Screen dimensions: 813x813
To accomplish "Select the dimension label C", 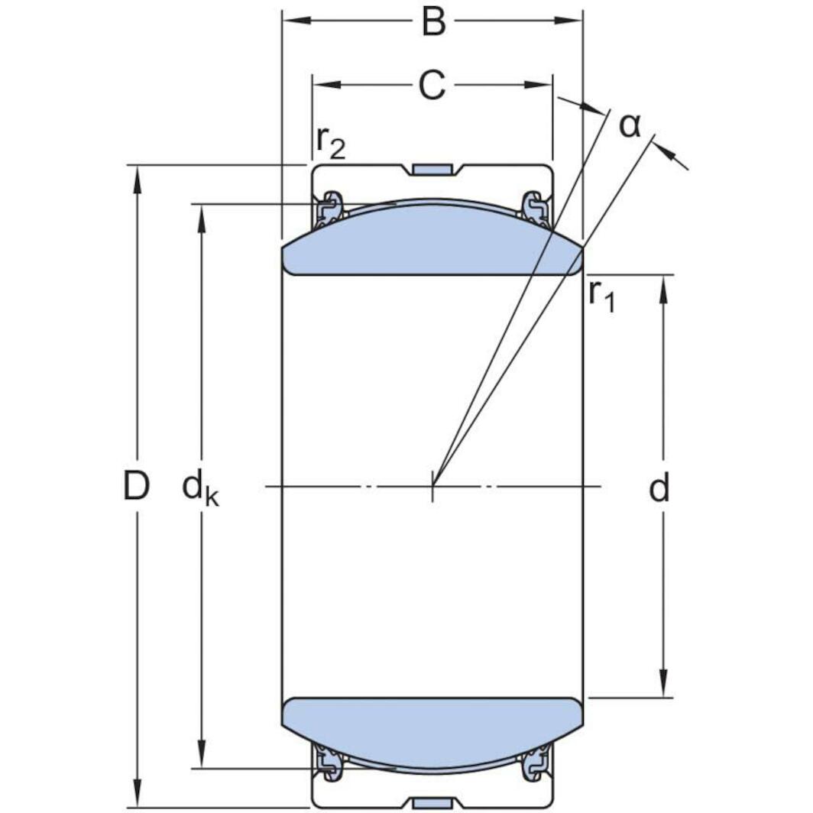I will tap(432, 86).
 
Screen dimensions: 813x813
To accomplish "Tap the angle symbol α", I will tap(629, 125).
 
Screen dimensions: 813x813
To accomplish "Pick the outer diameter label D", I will tap(136, 486).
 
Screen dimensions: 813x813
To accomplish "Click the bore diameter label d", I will tap(659, 488).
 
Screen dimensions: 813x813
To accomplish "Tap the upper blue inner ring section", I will tap(432, 241).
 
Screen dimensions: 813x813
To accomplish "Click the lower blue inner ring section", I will tap(432, 730).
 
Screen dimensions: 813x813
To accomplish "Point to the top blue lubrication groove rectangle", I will tap(432, 169).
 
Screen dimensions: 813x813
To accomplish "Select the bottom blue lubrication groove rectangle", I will tap(432, 802).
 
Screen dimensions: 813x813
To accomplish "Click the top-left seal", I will tap(329, 209).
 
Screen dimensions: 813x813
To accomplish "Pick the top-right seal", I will tap(535, 209).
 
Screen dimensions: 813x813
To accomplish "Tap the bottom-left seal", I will tap(329, 763).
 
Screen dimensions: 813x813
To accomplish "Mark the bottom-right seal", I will tap(535, 763).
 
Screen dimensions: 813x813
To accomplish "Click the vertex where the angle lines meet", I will tap(433, 485).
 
